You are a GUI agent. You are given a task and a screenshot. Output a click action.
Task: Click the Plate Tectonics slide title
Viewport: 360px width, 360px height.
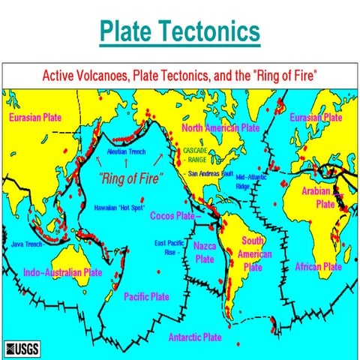(x=180, y=32)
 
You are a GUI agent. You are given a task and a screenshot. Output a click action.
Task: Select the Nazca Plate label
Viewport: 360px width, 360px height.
(x=205, y=253)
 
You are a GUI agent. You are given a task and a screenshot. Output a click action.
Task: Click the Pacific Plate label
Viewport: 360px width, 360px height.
(x=146, y=296)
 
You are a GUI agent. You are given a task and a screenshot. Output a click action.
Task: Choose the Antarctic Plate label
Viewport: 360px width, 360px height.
(x=195, y=337)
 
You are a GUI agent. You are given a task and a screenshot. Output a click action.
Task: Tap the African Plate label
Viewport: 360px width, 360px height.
(x=318, y=266)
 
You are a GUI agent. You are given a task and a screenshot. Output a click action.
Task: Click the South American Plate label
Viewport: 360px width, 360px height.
(x=253, y=253)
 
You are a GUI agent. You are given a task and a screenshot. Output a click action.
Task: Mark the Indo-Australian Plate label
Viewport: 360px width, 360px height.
(x=62, y=271)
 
